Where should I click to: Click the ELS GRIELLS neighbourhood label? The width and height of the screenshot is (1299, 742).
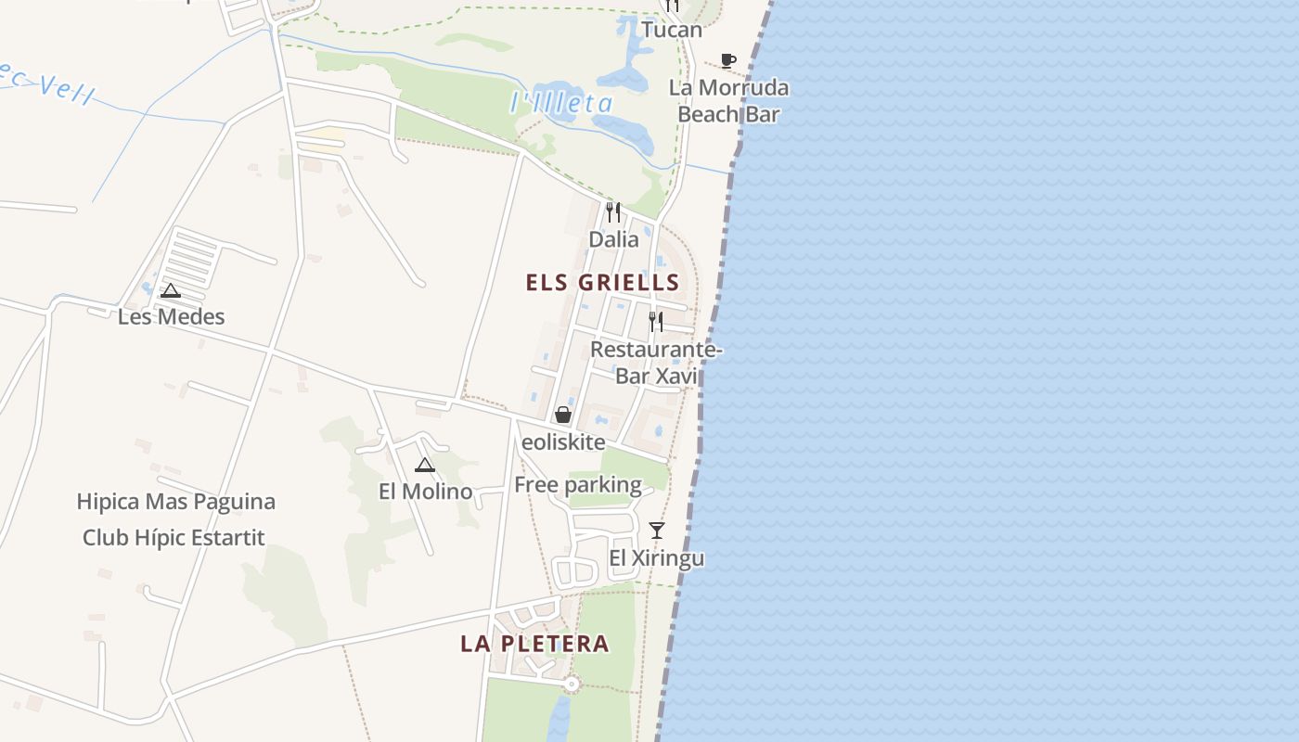602,283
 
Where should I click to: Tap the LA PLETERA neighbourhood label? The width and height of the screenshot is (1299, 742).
534,644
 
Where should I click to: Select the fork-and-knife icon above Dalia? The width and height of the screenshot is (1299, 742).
612,212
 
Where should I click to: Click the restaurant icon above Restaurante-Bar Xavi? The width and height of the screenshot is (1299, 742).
656,322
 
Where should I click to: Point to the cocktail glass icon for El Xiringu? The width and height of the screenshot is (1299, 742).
657,531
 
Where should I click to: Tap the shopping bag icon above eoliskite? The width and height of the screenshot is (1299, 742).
563,415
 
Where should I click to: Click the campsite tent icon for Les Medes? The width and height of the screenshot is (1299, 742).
171,290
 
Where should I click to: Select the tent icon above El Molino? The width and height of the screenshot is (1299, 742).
425,465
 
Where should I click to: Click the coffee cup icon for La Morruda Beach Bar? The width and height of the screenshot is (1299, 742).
728,61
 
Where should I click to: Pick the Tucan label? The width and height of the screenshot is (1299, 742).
672,30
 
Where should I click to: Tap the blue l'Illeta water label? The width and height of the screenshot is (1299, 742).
561,103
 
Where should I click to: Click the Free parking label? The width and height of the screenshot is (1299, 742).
577,485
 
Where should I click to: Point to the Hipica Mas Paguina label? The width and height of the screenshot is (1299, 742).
175,502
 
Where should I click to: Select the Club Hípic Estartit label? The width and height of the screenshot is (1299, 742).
174,538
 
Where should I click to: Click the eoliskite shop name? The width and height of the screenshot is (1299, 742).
563,442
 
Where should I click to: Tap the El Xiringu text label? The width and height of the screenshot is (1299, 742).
656,558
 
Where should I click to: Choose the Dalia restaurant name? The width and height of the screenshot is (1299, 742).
613,239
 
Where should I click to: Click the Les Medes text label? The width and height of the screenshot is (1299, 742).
171,317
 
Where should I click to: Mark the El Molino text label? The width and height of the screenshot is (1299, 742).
425,492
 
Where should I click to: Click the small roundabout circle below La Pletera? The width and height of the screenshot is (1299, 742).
572,684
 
